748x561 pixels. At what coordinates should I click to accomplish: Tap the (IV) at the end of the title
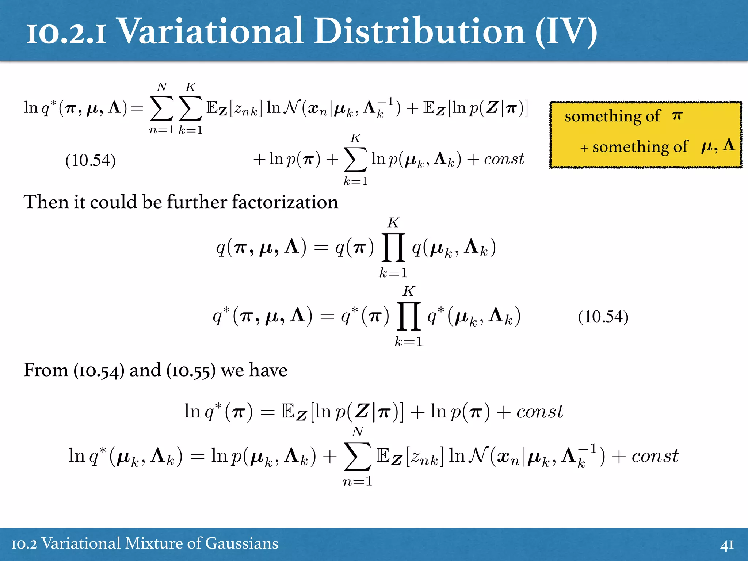tap(566, 32)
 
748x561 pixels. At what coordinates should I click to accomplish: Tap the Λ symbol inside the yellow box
tap(729, 145)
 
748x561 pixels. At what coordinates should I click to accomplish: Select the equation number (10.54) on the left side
tap(90, 160)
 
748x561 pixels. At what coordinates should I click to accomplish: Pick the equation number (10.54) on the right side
tap(603, 317)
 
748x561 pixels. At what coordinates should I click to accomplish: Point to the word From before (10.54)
tap(46, 370)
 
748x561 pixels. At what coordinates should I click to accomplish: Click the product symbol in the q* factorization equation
tap(408, 316)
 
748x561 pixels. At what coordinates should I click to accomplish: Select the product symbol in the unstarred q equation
tap(393, 248)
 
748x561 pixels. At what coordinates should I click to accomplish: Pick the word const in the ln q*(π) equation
tap(539, 412)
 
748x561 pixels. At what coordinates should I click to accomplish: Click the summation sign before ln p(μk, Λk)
tap(355, 160)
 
